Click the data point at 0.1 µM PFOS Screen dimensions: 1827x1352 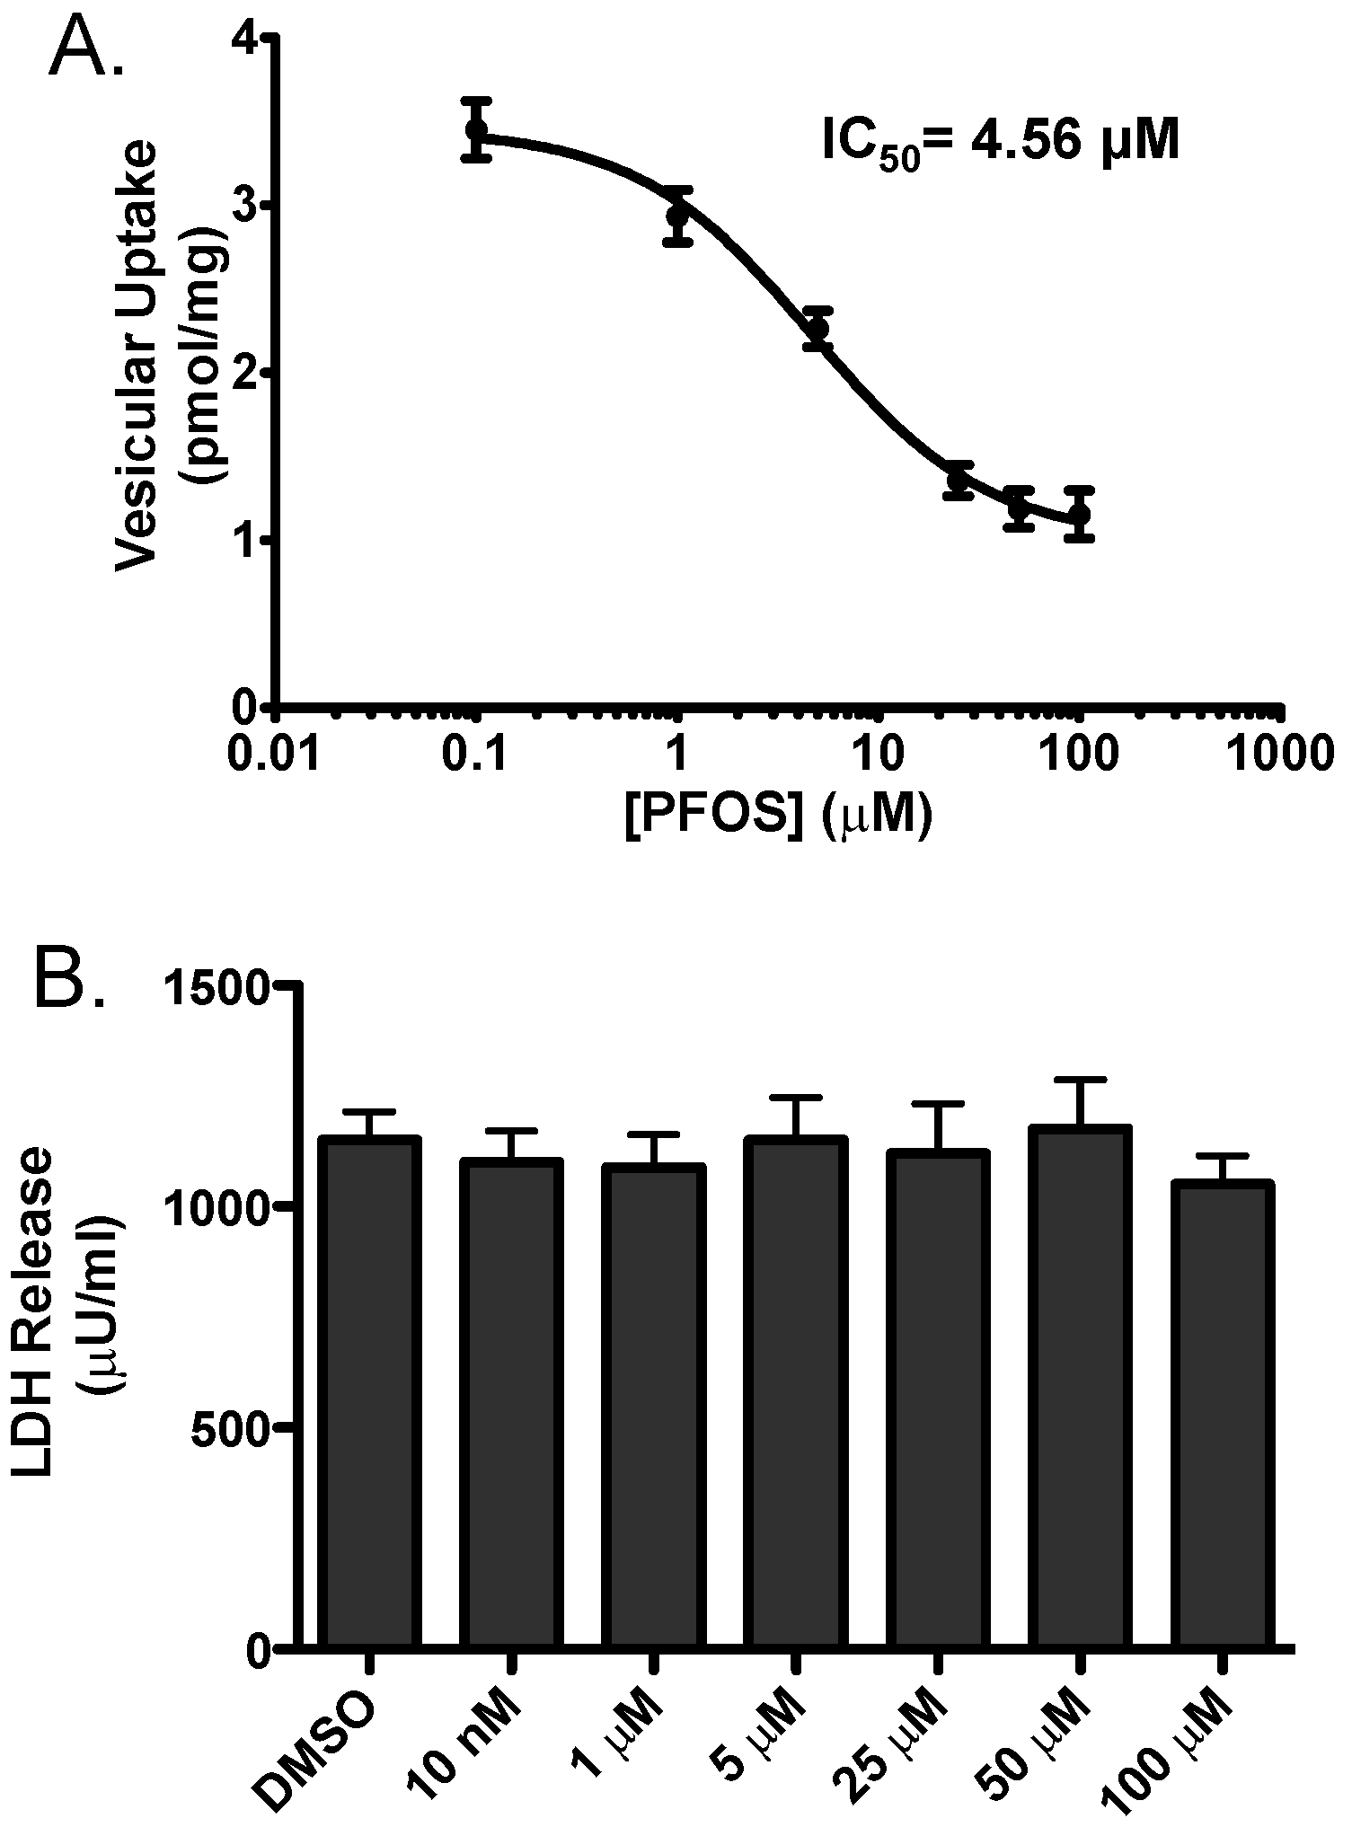[x=476, y=130]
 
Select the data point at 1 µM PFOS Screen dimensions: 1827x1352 [x=678, y=216]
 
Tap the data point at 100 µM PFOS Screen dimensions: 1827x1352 [x=1080, y=514]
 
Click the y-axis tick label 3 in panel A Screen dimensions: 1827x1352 [x=243, y=207]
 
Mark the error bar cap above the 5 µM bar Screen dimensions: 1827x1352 [x=795, y=1098]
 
